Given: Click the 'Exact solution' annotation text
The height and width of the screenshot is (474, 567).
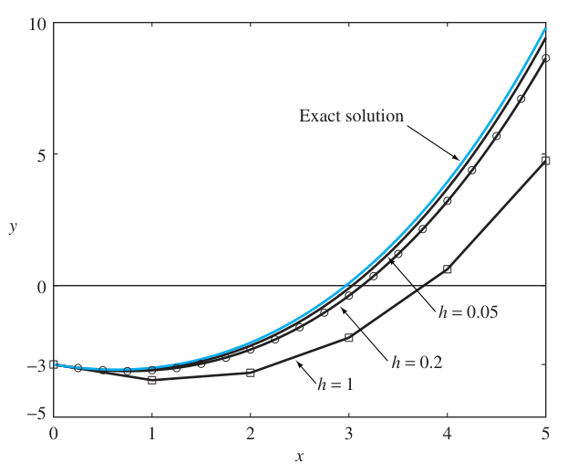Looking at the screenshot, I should tap(351, 116).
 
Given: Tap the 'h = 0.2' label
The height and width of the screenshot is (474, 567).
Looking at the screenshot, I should tap(418, 362).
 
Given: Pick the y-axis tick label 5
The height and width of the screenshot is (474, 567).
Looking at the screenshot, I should tap(37, 154).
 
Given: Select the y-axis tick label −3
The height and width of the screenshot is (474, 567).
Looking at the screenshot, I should tap(33, 364).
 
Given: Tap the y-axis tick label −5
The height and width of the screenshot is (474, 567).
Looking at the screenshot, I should tap(33, 416).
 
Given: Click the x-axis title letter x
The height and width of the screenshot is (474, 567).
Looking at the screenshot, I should tap(299, 456).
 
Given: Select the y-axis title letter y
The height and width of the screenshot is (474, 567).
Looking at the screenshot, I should tap(13, 227).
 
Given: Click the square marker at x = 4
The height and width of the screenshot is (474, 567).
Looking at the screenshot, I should tap(447, 269).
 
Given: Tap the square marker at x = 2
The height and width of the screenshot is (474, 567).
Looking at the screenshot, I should tap(251, 373).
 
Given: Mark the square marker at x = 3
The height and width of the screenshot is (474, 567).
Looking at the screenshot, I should tap(348, 338).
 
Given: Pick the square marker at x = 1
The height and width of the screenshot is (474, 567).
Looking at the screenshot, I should tap(152, 379).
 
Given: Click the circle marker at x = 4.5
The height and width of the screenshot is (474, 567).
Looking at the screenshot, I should tap(496, 136).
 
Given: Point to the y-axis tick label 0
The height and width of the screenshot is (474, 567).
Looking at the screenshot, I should tap(37, 286).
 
